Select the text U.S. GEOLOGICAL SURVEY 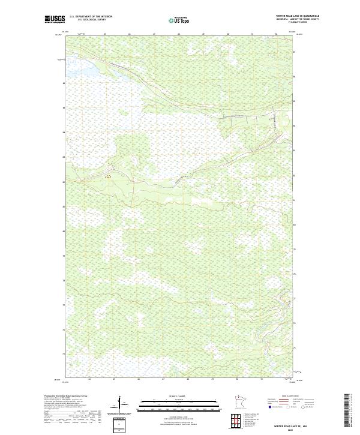tap(91, 19)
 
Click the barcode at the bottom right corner tap(347, 411)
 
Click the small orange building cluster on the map tap(109, 177)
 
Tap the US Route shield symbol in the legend tap(289, 407)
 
